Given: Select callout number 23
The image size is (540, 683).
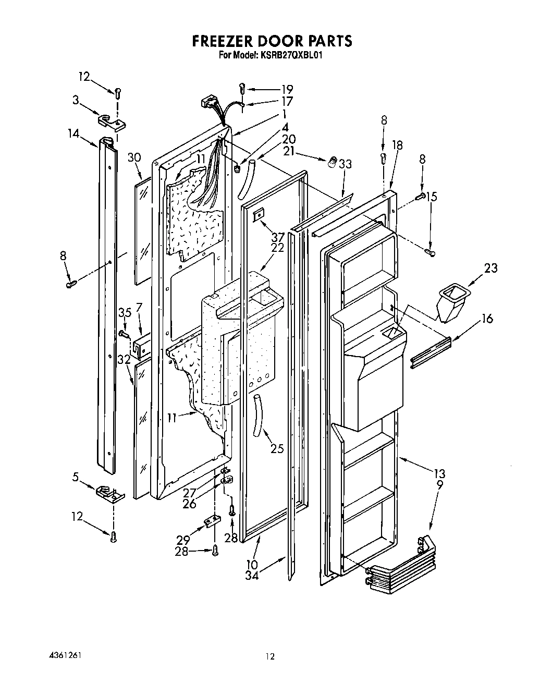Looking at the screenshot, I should [x=490, y=268].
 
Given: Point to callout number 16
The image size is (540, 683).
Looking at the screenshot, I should [x=487, y=319].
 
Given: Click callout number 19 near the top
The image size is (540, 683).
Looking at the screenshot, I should [x=286, y=89].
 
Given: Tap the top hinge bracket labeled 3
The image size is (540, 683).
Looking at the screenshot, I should [x=112, y=121].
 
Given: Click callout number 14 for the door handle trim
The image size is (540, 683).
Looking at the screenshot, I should [x=73, y=133].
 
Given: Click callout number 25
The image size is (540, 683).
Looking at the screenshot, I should [x=277, y=448].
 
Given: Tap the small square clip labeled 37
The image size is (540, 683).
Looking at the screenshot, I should [x=258, y=214].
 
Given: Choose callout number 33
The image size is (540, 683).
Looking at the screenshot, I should [x=345, y=164].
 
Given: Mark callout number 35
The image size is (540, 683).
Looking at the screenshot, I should [x=124, y=313].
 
